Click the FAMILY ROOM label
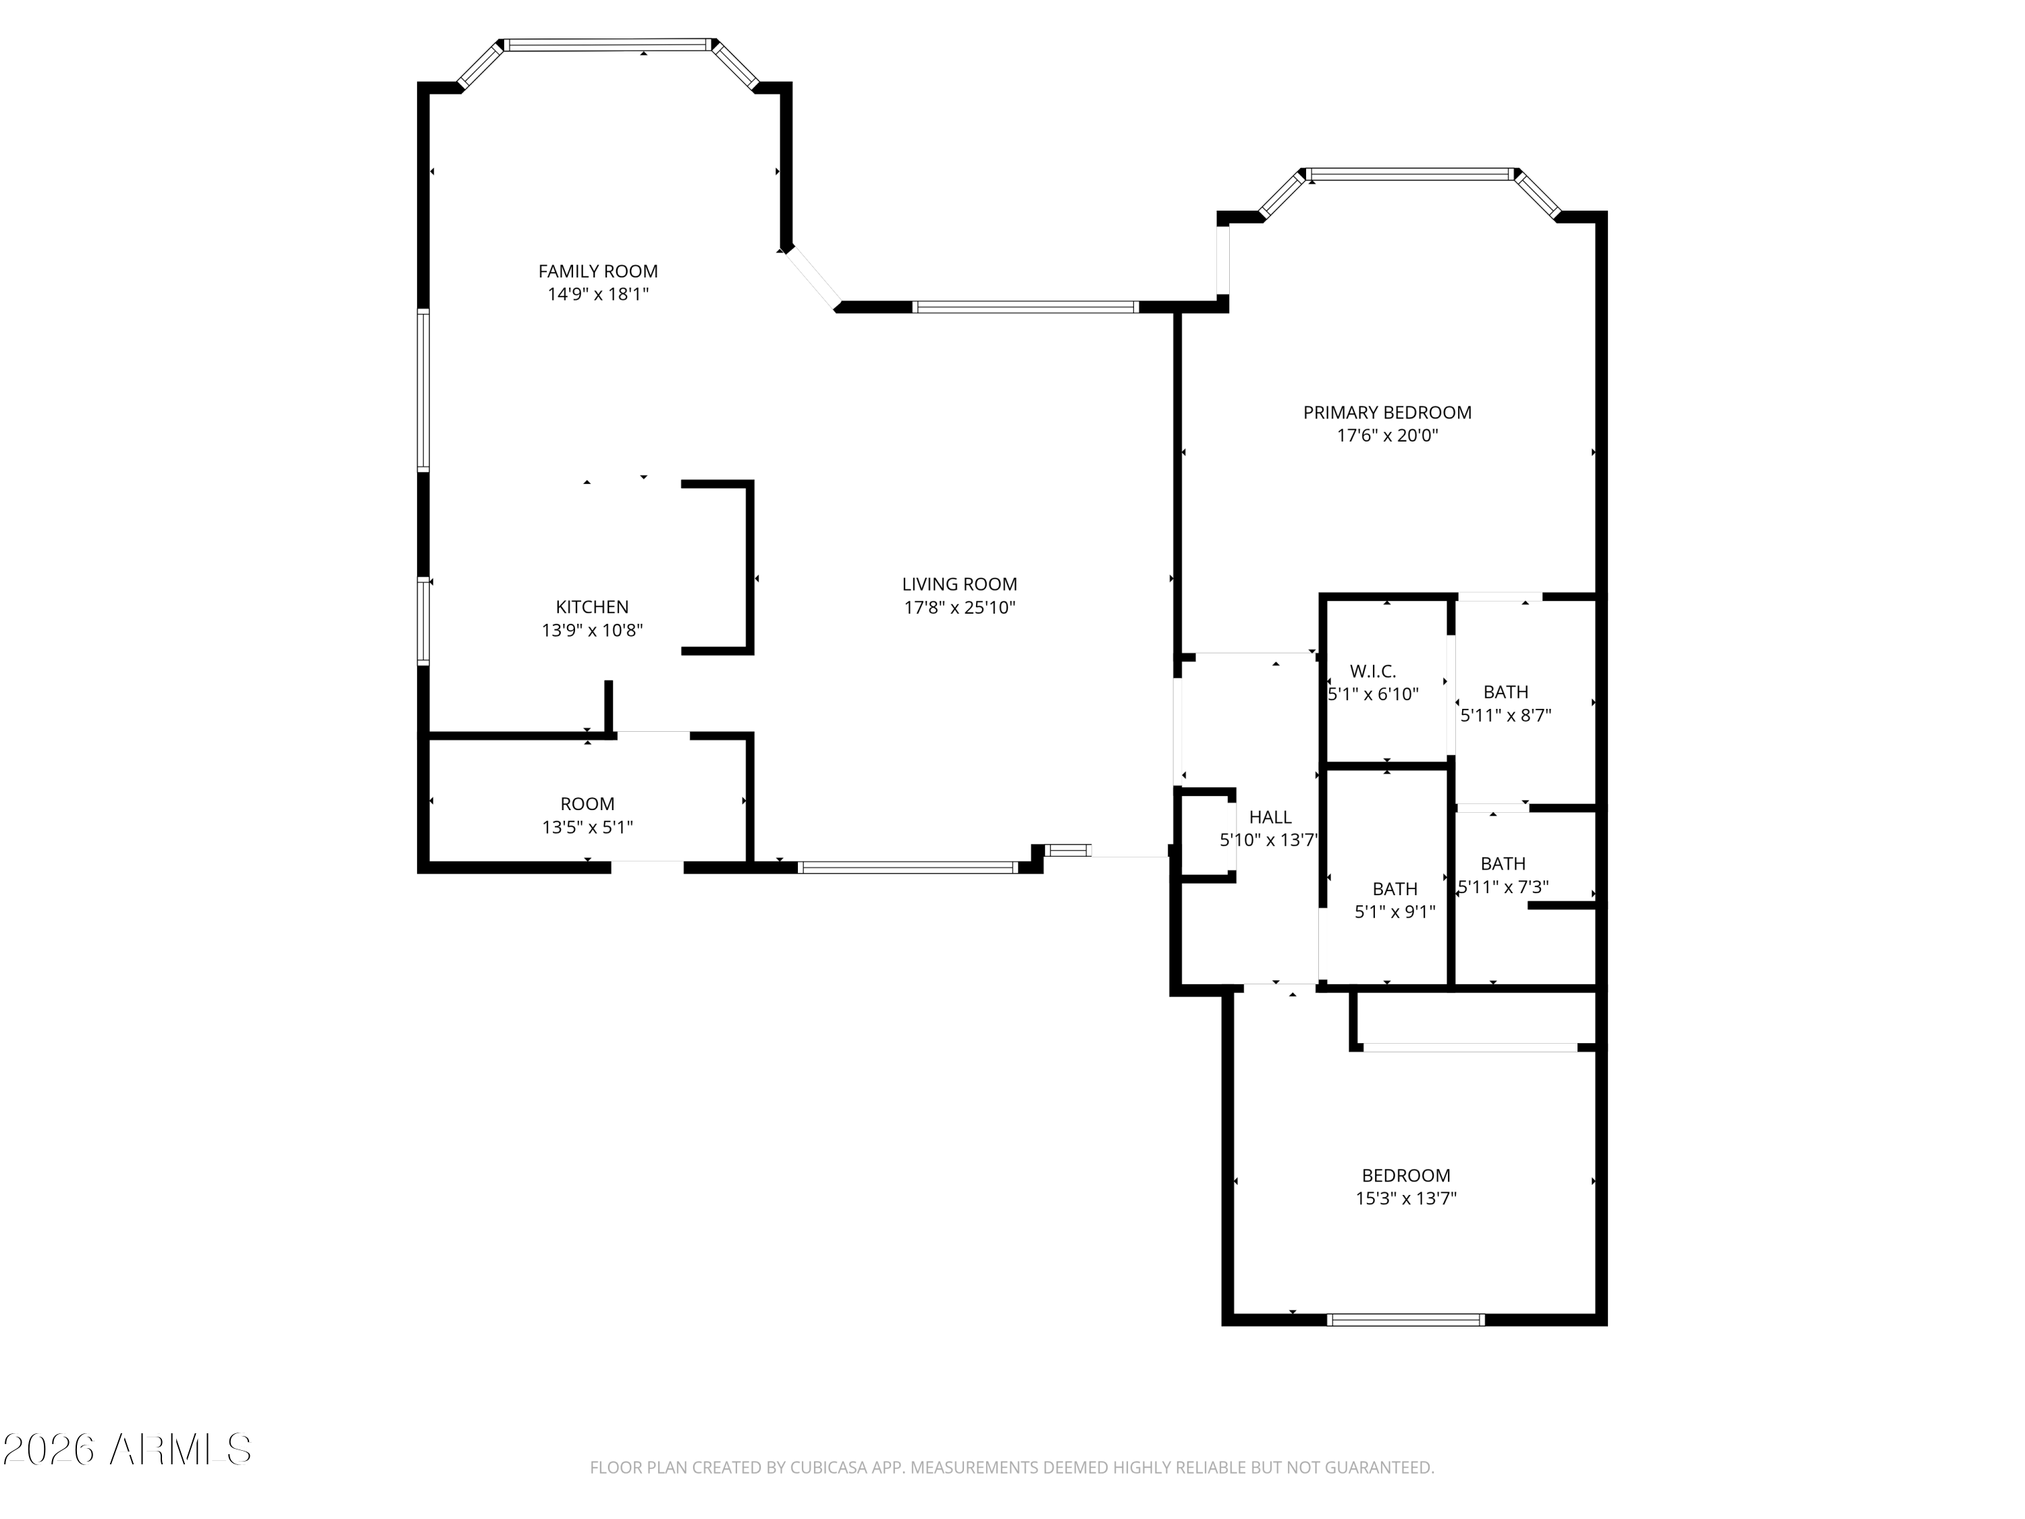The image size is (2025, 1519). (x=598, y=271)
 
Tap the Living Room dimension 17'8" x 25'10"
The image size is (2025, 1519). (x=959, y=607)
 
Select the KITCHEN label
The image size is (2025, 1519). (x=592, y=607)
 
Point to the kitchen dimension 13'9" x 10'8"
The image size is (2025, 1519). (x=592, y=630)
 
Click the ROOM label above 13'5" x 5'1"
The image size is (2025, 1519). (x=588, y=804)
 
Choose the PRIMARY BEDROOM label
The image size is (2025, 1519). (x=1387, y=413)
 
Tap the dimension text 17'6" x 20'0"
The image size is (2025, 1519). (x=1387, y=436)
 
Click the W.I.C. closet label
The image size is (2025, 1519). (x=1373, y=672)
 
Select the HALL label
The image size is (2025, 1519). (x=1270, y=818)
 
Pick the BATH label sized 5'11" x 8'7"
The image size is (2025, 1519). (x=1506, y=692)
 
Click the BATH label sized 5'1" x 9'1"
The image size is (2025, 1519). (x=1395, y=889)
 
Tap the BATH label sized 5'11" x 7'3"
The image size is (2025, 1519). (x=1503, y=863)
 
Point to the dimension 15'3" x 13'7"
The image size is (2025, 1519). (x=1406, y=1198)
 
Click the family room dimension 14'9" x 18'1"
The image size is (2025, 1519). (x=598, y=294)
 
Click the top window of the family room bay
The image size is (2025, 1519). (x=608, y=44)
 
